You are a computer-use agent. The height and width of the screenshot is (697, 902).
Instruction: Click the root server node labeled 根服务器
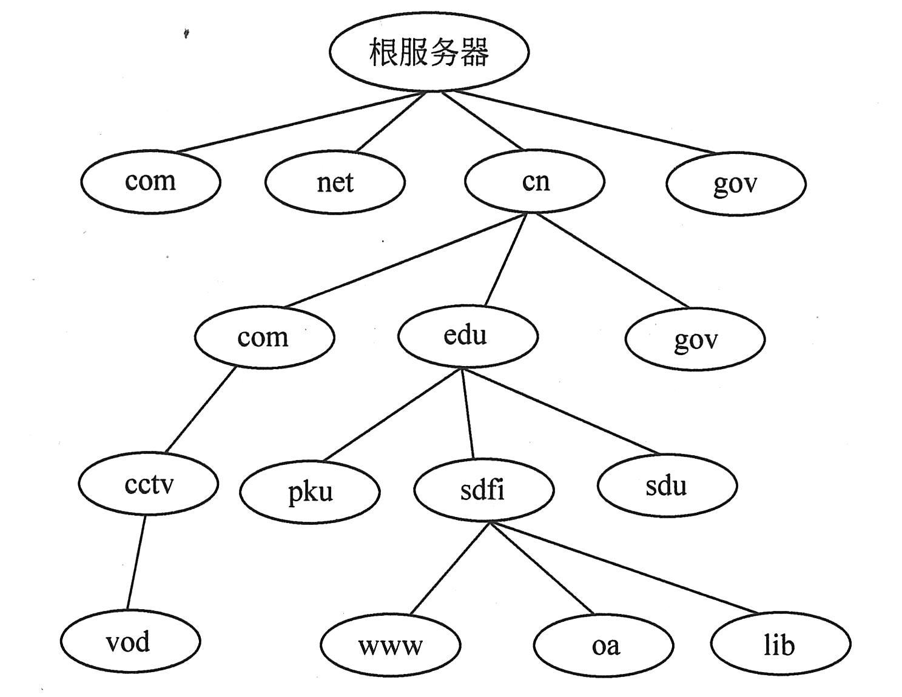click(x=429, y=52)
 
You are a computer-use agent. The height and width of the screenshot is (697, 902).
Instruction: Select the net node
click(x=335, y=182)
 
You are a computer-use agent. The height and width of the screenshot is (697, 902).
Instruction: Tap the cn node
click(x=534, y=181)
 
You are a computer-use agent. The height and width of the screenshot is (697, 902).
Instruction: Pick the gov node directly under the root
click(x=735, y=183)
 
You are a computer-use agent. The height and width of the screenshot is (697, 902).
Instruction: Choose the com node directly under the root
click(x=150, y=181)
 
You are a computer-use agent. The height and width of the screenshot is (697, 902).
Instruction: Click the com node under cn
click(x=264, y=337)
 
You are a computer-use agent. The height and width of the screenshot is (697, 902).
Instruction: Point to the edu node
click(x=467, y=336)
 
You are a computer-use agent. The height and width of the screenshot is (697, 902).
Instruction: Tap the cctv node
click(x=148, y=484)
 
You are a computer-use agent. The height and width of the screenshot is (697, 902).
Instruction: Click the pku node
click(x=310, y=491)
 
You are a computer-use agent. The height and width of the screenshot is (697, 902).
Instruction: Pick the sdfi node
click(x=483, y=489)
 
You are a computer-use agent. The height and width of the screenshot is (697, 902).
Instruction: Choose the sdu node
click(x=667, y=485)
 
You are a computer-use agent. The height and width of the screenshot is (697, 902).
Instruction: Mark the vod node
click(x=130, y=641)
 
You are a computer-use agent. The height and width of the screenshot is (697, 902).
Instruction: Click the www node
click(x=390, y=645)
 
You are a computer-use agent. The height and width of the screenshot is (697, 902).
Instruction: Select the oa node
click(x=604, y=645)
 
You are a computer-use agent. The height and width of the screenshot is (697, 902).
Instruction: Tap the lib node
click(x=780, y=644)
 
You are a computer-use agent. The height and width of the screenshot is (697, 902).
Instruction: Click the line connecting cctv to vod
click(x=136, y=561)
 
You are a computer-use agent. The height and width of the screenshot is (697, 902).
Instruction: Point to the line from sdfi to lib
click(x=625, y=567)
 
